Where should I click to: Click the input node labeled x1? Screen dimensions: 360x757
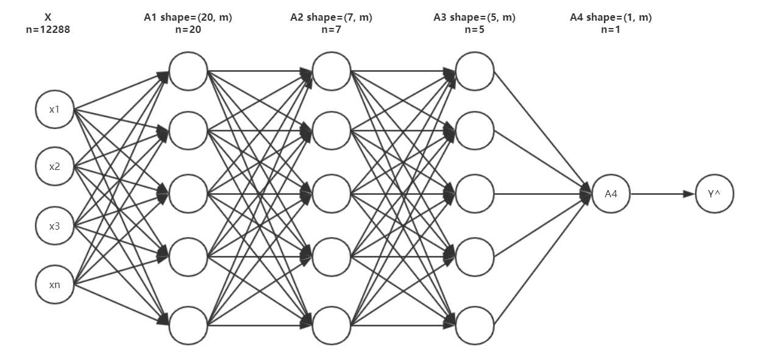[x=55, y=110]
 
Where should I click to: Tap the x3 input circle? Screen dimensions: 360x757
[x=55, y=226]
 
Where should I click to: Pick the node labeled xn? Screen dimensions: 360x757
[x=55, y=284]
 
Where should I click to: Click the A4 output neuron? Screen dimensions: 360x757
[x=611, y=194]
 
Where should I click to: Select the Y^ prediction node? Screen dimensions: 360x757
[x=715, y=194]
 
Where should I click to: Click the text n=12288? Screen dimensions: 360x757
[x=48, y=29]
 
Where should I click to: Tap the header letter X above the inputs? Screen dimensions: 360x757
[x=48, y=18]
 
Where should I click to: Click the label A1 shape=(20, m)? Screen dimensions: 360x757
[x=188, y=18]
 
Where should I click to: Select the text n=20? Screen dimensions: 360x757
[x=188, y=29]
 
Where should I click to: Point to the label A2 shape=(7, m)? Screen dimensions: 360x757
[x=331, y=18]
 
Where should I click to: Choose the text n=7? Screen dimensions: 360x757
[x=331, y=29]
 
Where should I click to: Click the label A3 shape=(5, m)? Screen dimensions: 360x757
[x=474, y=18]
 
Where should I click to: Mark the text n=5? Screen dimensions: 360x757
[x=474, y=29]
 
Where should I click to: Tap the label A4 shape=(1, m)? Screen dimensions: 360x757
[x=611, y=18]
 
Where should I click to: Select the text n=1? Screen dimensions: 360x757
[x=611, y=29]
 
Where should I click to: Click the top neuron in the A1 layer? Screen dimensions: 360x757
[x=188, y=71]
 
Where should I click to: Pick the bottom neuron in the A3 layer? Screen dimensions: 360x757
[x=475, y=325]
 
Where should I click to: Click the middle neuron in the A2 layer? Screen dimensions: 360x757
[x=332, y=194]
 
